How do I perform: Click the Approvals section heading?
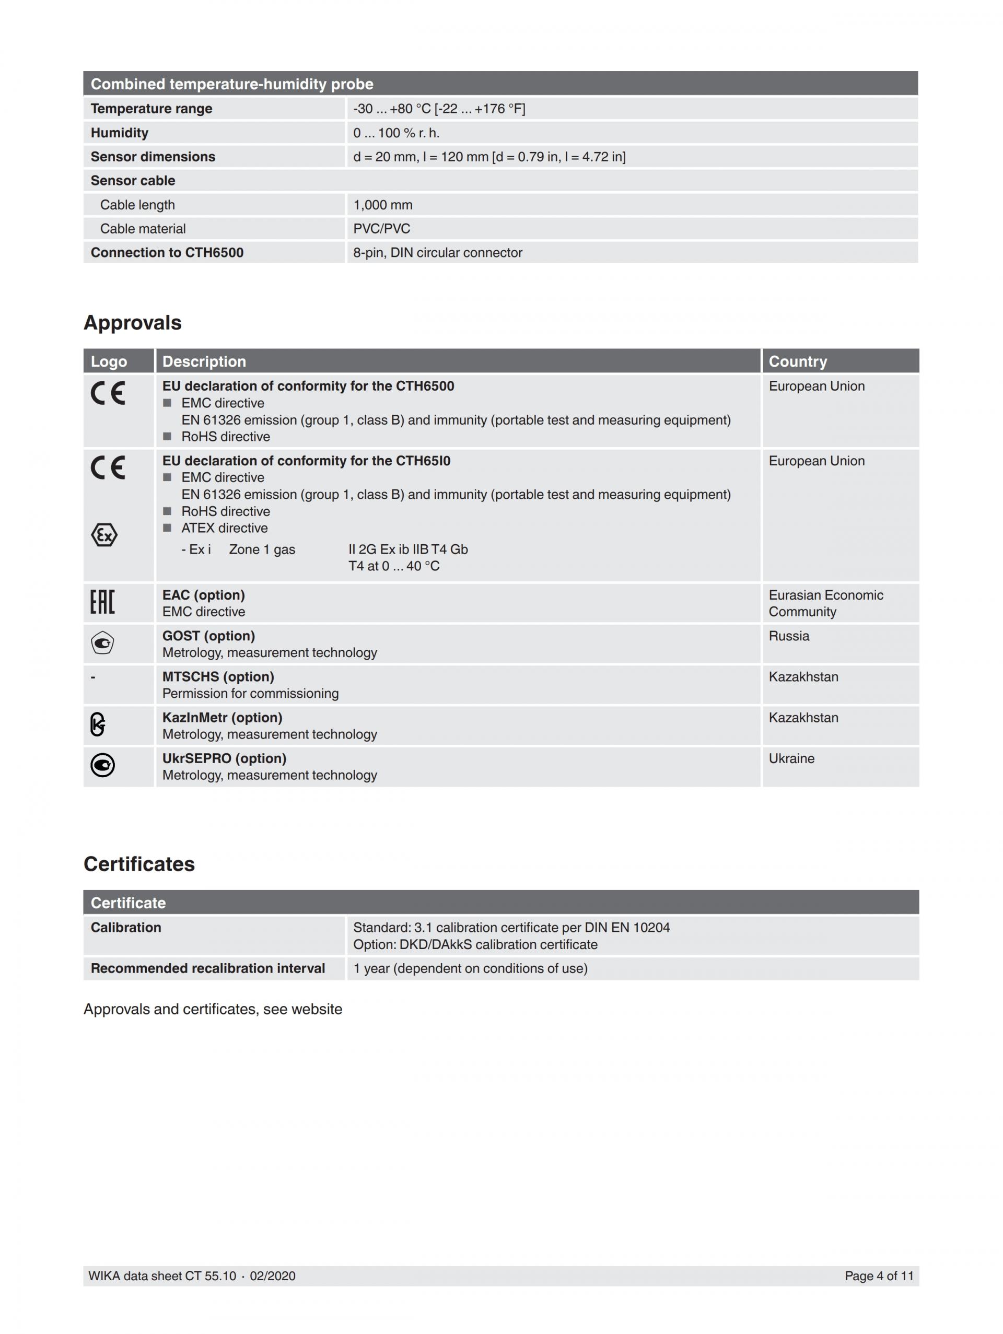click(x=132, y=323)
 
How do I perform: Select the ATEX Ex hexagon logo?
click(x=104, y=534)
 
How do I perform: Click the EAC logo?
click(x=102, y=602)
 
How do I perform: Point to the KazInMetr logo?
click(x=98, y=724)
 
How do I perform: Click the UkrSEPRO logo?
click(x=102, y=765)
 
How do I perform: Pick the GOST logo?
click(x=102, y=643)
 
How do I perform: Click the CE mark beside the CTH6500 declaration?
click(x=108, y=393)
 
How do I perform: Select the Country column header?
click(x=797, y=361)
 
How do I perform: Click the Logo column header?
click(x=109, y=361)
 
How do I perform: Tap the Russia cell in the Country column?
click(x=788, y=636)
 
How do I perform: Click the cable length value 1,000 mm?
click(x=383, y=205)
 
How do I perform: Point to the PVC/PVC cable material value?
click(x=381, y=229)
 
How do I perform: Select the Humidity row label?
click(x=120, y=133)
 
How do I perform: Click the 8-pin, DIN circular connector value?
click(x=437, y=253)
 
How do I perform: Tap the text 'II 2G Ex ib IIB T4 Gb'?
click(x=407, y=549)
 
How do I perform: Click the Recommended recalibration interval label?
click(x=207, y=968)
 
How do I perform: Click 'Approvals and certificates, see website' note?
click(x=212, y=1009)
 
